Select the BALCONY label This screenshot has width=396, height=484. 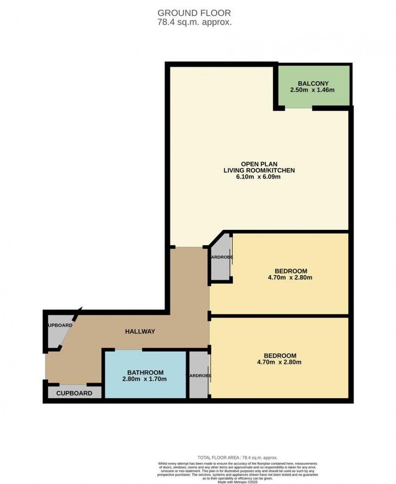[312, 83]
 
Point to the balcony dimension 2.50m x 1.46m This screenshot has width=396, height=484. [312, 90]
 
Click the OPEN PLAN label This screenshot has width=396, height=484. [259, 164]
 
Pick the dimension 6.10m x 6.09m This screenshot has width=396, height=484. [259, 177]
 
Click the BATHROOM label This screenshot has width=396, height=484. [145, 372]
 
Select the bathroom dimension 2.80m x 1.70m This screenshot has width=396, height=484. [145, 379]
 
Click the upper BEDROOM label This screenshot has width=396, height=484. [291, 271]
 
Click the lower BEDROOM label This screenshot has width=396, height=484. [280, 356]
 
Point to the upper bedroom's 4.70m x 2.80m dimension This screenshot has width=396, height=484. [291, 278]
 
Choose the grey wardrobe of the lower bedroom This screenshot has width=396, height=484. [198, 375]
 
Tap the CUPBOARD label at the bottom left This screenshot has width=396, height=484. [74, 393]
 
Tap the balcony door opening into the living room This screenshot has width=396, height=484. [299, 108]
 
